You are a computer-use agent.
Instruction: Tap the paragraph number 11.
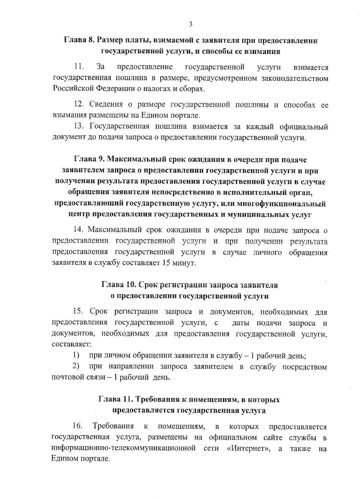click(79, 67)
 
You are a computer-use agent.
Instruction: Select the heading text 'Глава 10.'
click(119, 285)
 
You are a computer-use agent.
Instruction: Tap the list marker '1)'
click(76, 355)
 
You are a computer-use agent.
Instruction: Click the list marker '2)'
click(76, 366)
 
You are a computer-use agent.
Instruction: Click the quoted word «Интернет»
click(248, 448)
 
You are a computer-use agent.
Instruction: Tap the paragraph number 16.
click(78, 426)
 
